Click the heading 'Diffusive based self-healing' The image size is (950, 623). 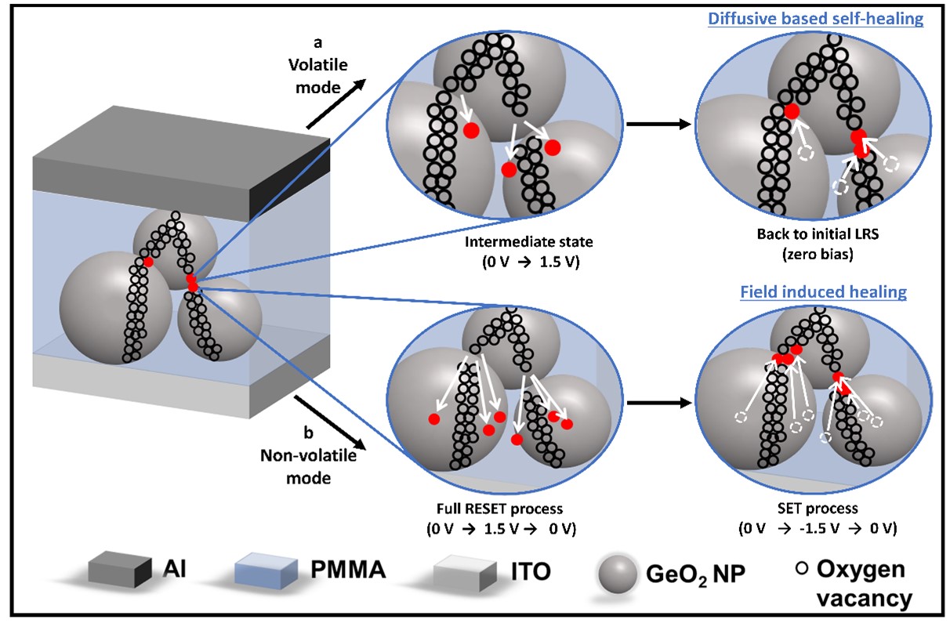click(816, 19)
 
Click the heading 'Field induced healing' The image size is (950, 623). click(823, 292)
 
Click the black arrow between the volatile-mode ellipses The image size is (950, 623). click(657, 124)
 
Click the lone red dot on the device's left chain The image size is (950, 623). click(148, 261)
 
